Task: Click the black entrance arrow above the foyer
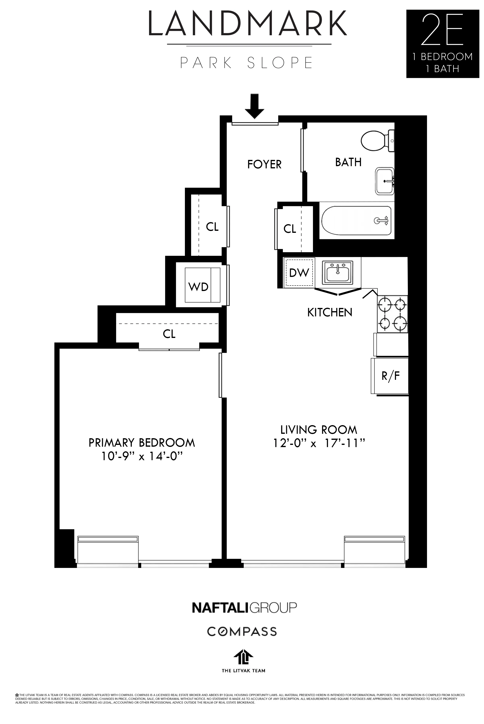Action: coord(254,106)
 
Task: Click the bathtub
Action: coord(356,220)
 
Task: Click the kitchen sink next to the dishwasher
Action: coord(338,272)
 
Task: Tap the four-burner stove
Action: coord(392,314)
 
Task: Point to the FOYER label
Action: coord(264,164)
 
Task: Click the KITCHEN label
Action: coord(330,313)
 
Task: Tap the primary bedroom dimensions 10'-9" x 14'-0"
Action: coord(141,456)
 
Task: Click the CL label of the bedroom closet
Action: coord(169,334)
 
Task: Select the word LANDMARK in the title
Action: coord(248,24)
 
